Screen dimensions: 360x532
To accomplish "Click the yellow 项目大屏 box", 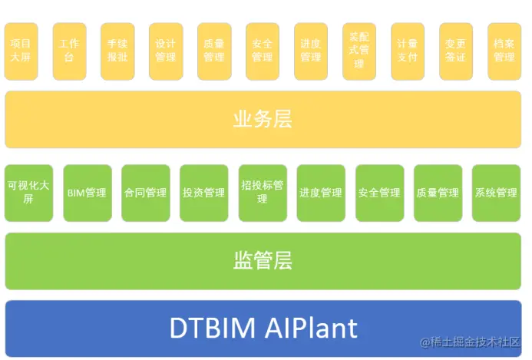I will click(x=21, y=51).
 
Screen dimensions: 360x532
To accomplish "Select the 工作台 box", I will click(x=69, y=51).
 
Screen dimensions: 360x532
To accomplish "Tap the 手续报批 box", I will click(x=117, y=51).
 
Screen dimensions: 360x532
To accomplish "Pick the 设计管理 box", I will click(x=166, y=51).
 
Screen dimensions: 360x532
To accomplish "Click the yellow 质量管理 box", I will click(x=214, y=51).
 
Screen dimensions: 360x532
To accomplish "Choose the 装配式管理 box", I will click(x=359, y=51).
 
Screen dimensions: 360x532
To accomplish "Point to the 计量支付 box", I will click(x=407, y=51).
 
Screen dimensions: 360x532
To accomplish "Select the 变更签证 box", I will click(x=455, y=51).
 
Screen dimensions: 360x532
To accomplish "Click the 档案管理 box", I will click(x=504, y=51).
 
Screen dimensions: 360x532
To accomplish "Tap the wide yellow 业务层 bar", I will click(x=263, y=120).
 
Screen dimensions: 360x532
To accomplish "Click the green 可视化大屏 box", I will click(x=28, y=192).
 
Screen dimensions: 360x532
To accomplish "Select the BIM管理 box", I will click(x=87, y=192).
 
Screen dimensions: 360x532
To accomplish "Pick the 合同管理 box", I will click(x=145, y=192).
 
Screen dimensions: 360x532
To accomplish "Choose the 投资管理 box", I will click(x=203, y=192).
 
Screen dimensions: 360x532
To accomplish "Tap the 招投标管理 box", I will click(x=262, y=192).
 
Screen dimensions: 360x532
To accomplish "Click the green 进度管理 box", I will click(x=320, y=192).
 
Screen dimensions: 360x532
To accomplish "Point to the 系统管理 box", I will click(x=496, y=192).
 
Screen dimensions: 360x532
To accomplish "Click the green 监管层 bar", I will click(x=263, y=261).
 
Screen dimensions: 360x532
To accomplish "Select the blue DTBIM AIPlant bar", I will click(x=263, y=328).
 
